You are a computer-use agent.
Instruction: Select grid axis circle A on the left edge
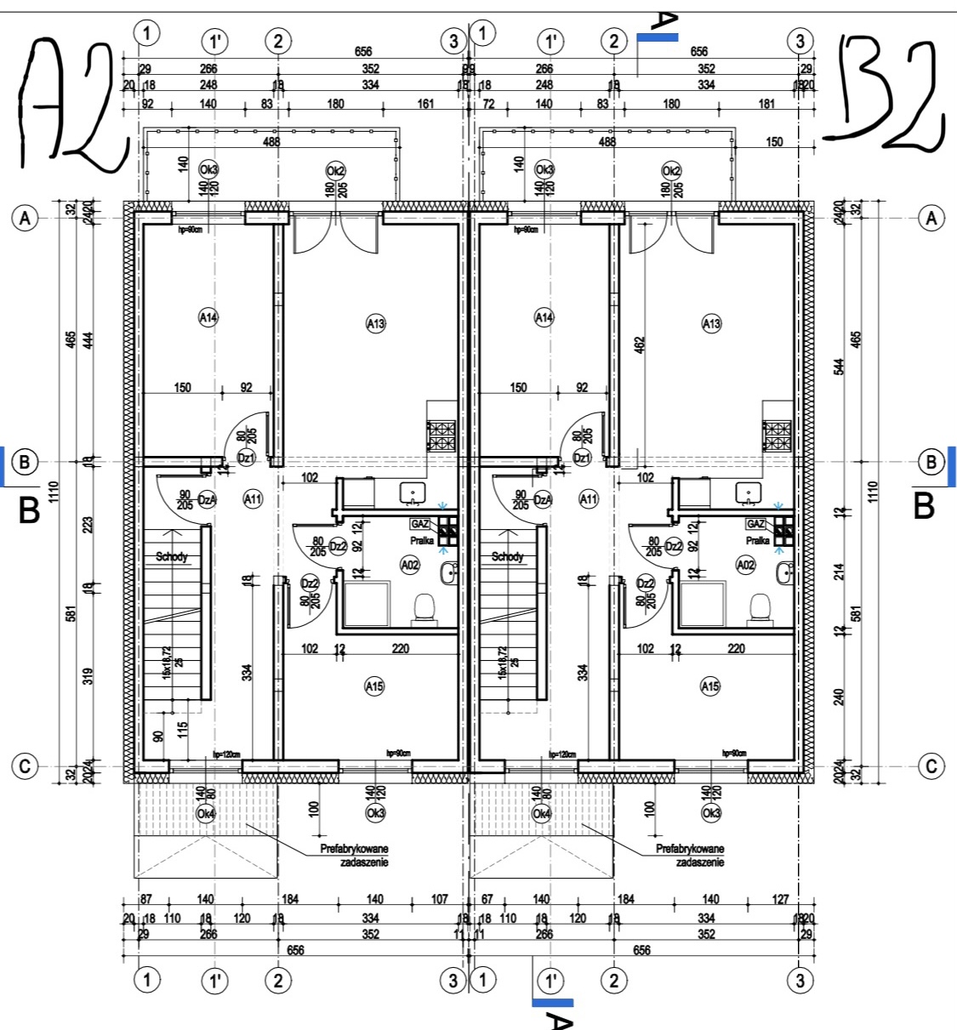pos(26,219)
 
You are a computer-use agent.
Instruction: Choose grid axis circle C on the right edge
pos(931,765)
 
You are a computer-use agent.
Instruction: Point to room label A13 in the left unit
pos(375,323)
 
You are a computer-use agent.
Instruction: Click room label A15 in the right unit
pos(710,686)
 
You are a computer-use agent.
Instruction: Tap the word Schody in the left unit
pos(172,557)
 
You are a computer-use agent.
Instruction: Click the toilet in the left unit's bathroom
pos(424,608)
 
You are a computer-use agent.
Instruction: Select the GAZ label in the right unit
pos(755,524)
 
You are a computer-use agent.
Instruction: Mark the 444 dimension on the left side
pos(88,340)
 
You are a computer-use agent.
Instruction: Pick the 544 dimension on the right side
pos(840,367)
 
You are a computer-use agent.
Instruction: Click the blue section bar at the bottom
pos(552,1003)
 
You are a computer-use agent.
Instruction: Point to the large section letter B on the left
pos(30,509)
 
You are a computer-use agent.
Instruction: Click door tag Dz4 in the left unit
pos(206,499)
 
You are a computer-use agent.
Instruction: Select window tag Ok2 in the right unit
pos(671,171)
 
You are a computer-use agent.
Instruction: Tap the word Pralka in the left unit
pos(422,540)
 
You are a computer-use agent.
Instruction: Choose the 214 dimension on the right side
pos(840,572)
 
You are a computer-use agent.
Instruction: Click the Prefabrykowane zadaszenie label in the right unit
pos(690,855)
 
